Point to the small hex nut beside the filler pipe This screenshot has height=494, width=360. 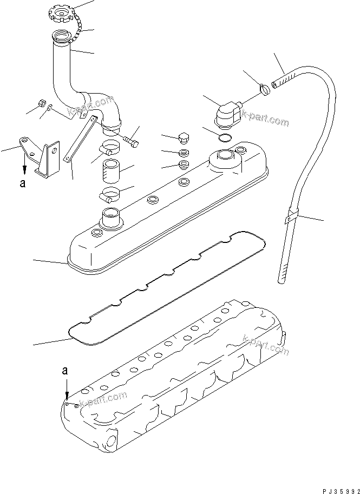point(41,103)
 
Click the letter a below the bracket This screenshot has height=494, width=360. point(22,183)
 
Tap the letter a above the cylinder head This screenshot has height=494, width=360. point(65,371)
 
